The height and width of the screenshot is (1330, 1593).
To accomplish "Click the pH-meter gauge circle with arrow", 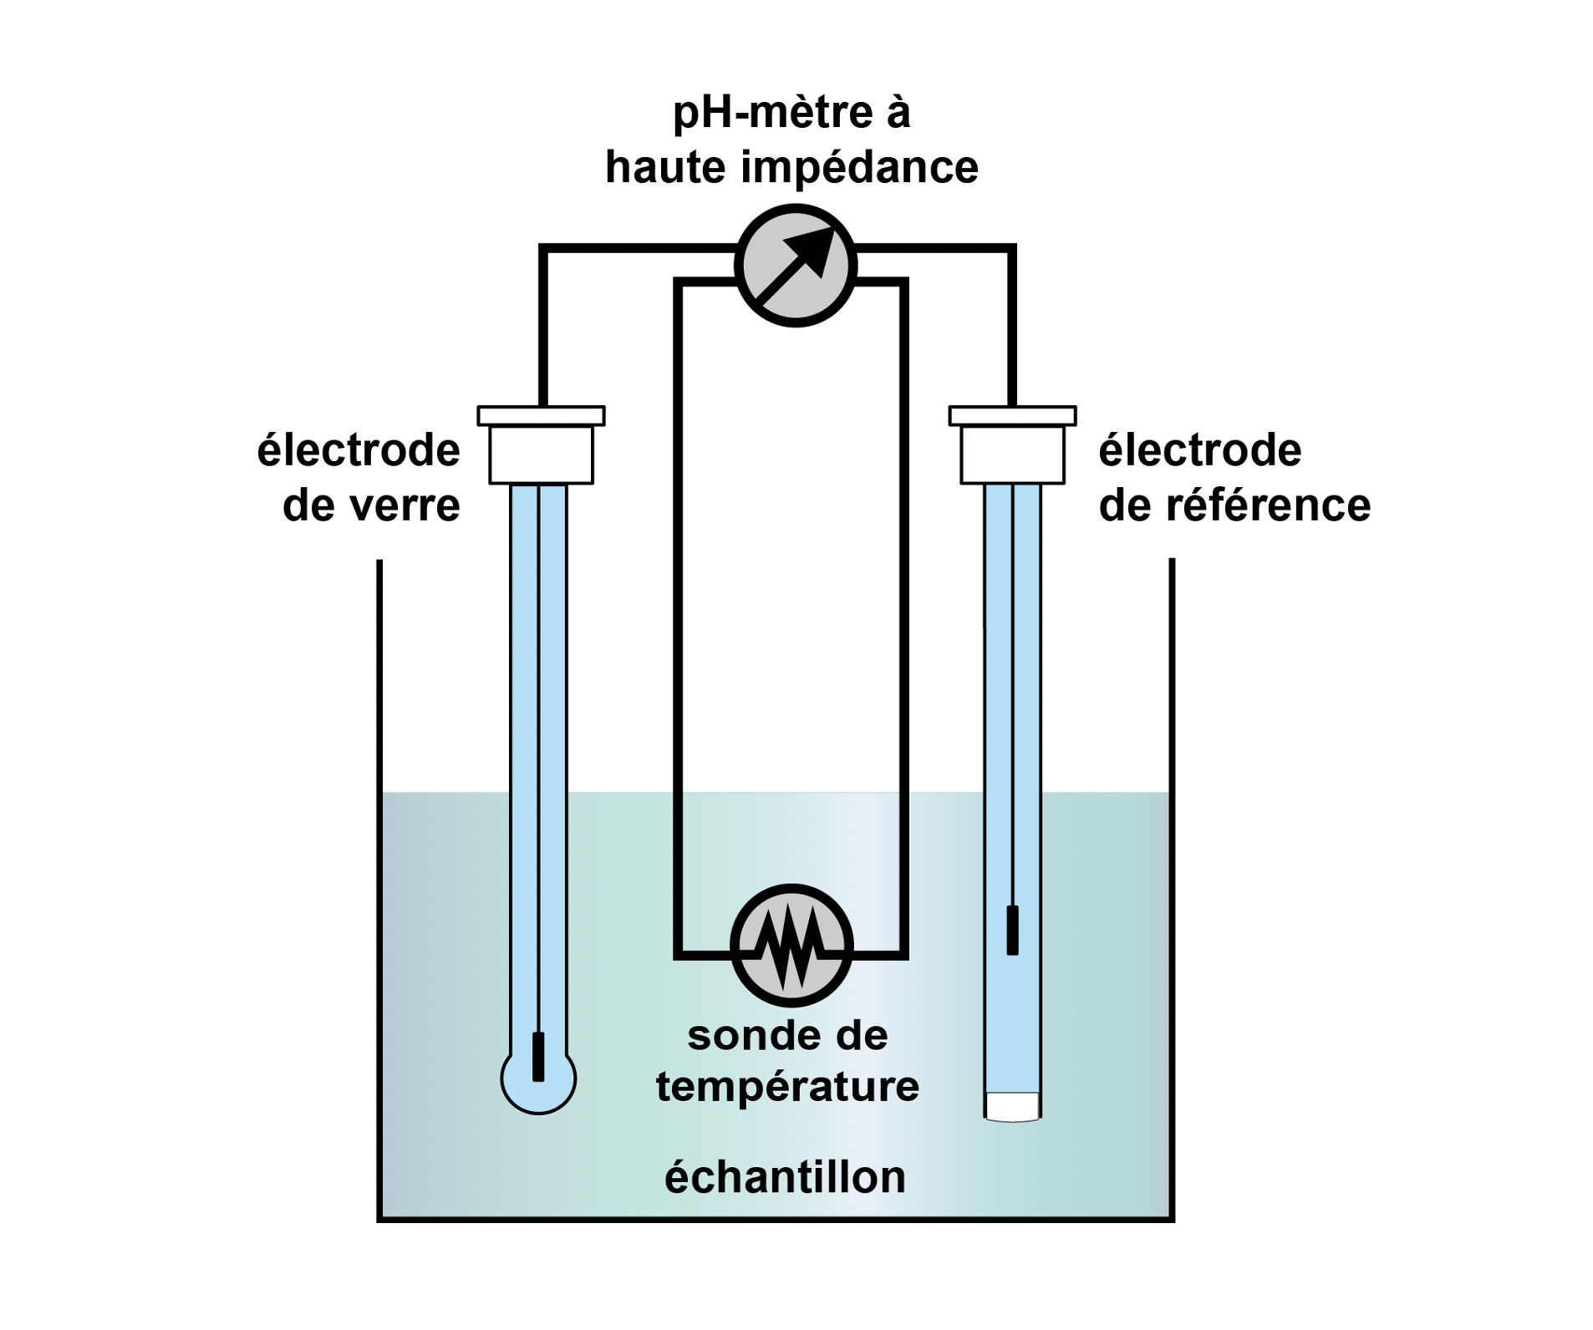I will pyautogui.click(x=795, y=265).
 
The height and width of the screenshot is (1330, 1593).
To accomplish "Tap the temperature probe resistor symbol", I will pyautogui.click(x=791, y=944).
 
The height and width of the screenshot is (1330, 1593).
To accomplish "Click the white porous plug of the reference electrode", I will pyautogui.click(x=1012, y=1105).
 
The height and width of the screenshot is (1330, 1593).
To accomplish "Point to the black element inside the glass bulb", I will pyautogui.click(x=538, y=1056).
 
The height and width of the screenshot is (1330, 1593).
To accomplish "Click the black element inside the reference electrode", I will pyautogui.click(x=1012, y=930).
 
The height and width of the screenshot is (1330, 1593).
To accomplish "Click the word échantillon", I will pyautogui.click(x=785, y=1177).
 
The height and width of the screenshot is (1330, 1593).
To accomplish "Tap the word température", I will pyautogui.click(x=787, y=1087).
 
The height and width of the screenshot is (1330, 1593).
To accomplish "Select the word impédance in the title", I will pyautogui.click(x=860, y=167).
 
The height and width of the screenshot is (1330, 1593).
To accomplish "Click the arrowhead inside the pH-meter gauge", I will pyautogui.click(x=812, y=248).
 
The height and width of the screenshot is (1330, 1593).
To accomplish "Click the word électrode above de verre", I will pyautogui.click(x=359, y=450).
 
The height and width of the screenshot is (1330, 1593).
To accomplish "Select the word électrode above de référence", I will pyautogui.click(x=1199, y=450).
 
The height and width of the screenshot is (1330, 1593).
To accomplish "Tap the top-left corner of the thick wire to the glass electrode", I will pyautogui.click(x=543, y=249).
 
